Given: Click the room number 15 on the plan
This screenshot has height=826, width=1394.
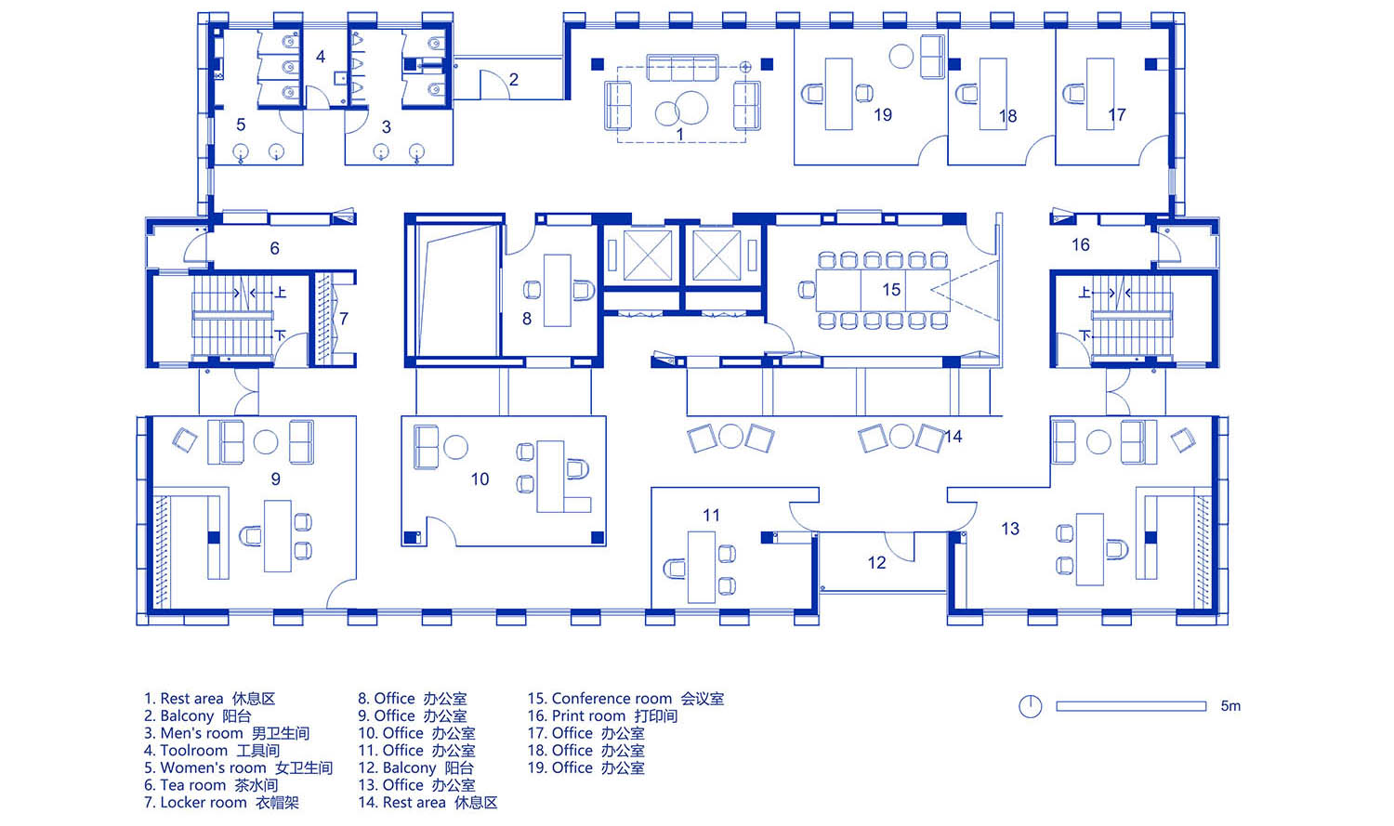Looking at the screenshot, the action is point(891,289).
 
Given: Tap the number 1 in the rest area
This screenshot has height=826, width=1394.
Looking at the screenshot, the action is point(679,135).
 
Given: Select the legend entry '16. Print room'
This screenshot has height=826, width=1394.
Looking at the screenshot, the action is point(602,716).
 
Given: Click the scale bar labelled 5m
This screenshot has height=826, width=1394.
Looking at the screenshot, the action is point(1131,706).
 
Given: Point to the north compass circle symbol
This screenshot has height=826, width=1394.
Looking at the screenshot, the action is point(1030,706).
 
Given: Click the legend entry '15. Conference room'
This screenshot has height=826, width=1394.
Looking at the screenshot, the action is point(625,699).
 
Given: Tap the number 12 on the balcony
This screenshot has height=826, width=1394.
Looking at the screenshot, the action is point(876,563).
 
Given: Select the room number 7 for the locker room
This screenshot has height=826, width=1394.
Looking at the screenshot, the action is point(344,319).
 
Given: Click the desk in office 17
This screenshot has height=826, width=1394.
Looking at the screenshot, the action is point(1100,94).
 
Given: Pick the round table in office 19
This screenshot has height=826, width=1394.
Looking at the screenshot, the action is point(901,56).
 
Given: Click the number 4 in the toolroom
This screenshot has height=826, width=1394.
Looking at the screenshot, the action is point(321,57).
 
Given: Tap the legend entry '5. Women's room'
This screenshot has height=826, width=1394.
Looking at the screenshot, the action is point(238,767).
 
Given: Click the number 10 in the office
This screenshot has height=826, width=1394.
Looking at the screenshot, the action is point(480,479).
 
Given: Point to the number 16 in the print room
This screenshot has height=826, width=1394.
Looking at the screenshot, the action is point(1080,244).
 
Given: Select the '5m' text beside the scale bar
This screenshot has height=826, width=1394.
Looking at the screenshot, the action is point(1230,706).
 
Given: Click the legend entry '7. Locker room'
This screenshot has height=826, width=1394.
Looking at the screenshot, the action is point(221,803).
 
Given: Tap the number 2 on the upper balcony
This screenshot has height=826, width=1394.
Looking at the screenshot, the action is point(513,80).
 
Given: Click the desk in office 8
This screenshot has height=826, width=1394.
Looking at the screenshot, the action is point(558,291).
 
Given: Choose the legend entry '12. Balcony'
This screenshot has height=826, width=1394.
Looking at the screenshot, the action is point(415,767).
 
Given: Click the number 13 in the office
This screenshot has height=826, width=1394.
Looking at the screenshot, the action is point(1010,529).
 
